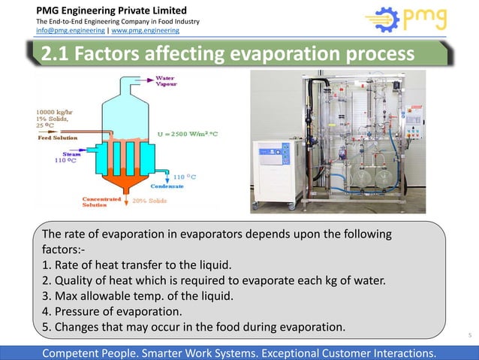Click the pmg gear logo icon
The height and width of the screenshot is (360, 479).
[383, 21]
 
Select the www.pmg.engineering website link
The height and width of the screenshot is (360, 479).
[146, 31]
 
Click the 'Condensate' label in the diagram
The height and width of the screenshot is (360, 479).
[190, 186]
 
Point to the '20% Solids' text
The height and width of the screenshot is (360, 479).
[149, 201]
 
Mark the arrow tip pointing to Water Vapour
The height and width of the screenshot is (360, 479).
[152, 78]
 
